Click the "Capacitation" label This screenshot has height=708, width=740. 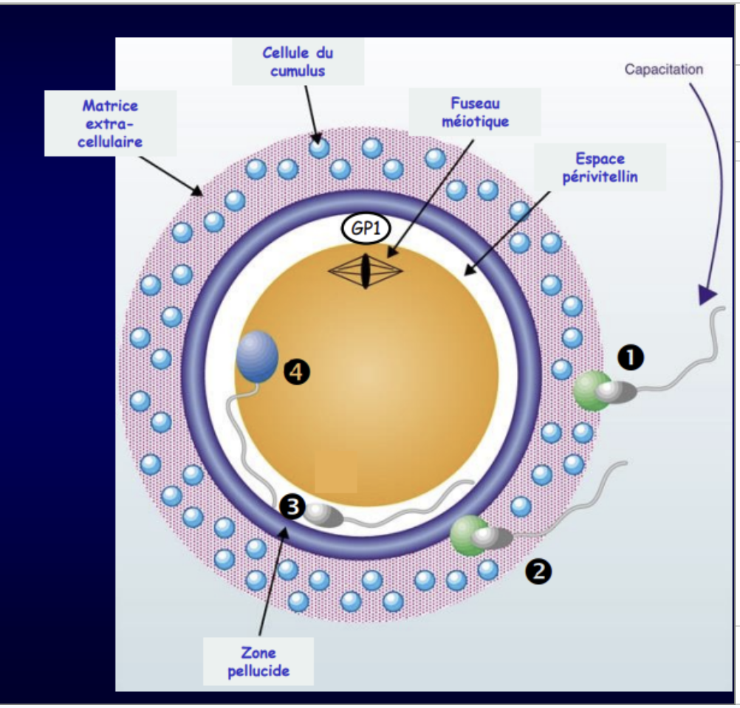click(663, 70)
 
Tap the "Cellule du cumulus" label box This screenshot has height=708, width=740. click(298, 62)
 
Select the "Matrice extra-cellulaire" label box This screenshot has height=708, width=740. click(110, 123)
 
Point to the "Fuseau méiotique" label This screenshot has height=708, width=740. click(475, 112)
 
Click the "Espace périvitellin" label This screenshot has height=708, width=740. click(600, 168)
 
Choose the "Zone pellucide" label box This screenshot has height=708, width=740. click(258, 661)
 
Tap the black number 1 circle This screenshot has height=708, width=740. click(630, 357)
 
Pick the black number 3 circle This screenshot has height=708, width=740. click(292, 506)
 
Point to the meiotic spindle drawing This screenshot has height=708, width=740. click(365, 270)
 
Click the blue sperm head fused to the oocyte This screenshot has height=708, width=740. click(256, 357)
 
